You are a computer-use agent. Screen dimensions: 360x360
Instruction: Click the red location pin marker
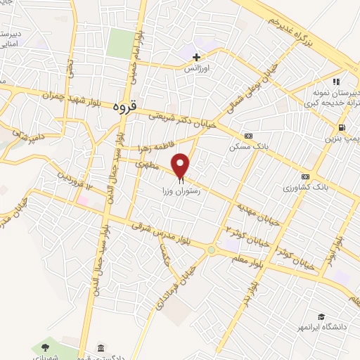(181, 165)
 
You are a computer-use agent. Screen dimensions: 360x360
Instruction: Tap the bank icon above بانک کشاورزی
(305, 176)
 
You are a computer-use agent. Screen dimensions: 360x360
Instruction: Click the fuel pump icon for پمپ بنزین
(341, 127)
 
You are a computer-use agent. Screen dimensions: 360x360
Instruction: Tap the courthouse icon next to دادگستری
(101, 349)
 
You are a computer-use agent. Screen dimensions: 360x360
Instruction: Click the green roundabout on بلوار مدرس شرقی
(211, 250)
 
